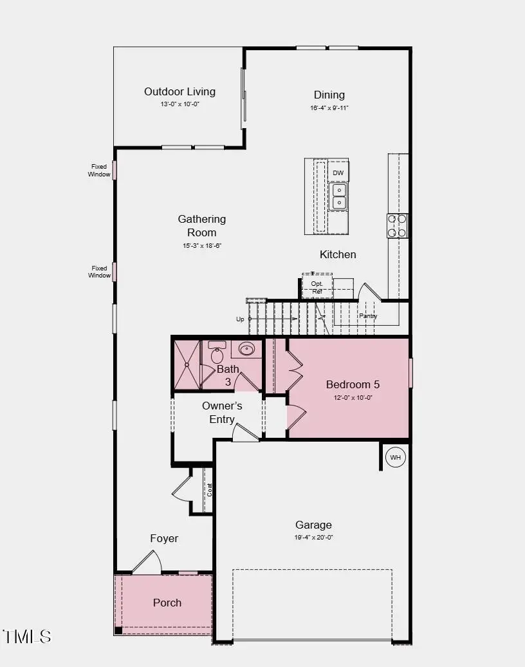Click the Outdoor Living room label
tap(180, 91)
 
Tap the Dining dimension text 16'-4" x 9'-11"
tap(329, 108)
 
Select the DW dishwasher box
tap(338, 173)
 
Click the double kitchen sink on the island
tap(338, 196)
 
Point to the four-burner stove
tap(397, 225)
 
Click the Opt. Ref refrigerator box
tap(317, 287)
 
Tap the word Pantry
tap(368, 316)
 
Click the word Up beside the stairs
tap(240, 319)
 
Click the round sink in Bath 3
tap(246, 349)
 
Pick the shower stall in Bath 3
tap(187, 364)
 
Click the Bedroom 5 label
tap(353, 384)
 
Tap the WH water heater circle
tap(395, 458)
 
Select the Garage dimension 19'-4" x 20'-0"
tap(313, 538)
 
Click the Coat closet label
tap(209, 489)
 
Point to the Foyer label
tap(164, 538)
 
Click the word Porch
tap(167, 603)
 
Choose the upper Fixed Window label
tap(99, 170)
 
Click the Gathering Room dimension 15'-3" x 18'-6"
tap(201, 245)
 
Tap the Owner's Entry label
tap(222, 412)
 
